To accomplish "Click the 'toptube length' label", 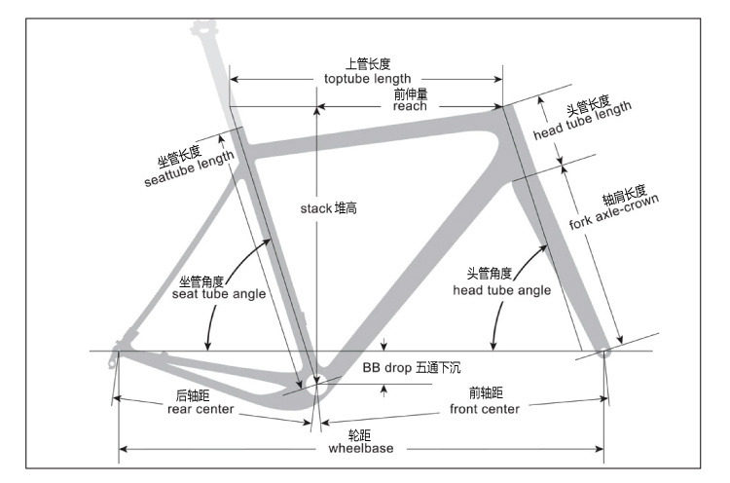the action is coord(367,79).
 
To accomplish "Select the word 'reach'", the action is coord(410,107).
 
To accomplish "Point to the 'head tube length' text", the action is coord(585,120).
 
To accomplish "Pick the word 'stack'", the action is coord(316,208).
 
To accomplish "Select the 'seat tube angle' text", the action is coord(218,294).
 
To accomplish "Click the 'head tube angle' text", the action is coord(502,290).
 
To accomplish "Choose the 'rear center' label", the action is coord(201,409).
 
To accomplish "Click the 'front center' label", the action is coord(484,409).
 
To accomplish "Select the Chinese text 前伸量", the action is coord(410,94).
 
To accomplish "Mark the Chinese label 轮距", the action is coord(361,434).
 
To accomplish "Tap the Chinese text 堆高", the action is coord(346,208).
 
